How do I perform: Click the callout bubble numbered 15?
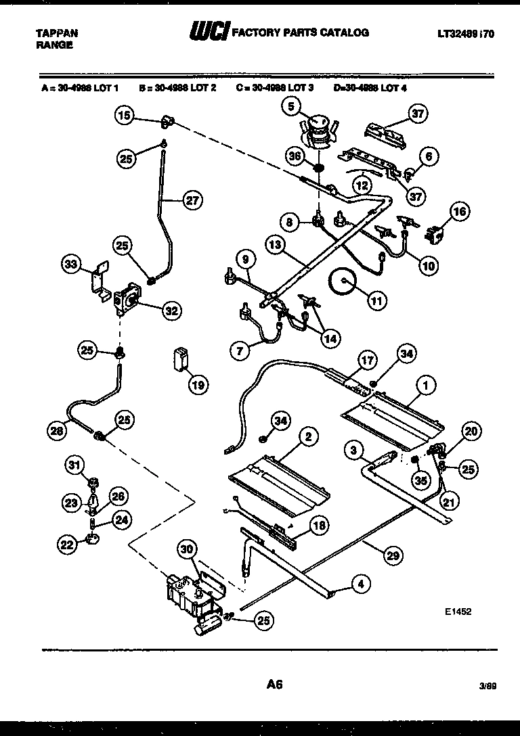tap(123, 115)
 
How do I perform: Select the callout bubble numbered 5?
tap(290, 106)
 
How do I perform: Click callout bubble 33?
tap(71, 265)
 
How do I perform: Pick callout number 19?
tap(197, 386)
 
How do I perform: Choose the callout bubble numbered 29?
tap(391, 555)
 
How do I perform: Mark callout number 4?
tap(361, 584)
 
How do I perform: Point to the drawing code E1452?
tap(458, 611)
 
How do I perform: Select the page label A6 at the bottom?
tap(274, 684)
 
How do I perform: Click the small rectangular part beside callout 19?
tap(179, 357)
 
